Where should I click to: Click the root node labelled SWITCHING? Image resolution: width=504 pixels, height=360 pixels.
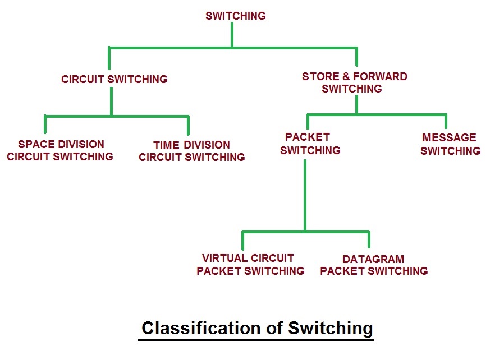pyautogui.click(x=235, y=16)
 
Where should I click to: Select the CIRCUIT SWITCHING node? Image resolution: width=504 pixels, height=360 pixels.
pyautogui.click(x=114, y=79)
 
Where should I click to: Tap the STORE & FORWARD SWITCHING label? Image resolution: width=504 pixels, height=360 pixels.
pyautogui.click(x=354, y=82)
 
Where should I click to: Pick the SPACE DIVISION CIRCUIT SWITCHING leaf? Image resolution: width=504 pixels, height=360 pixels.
pyautogui.click(x=60, y=150)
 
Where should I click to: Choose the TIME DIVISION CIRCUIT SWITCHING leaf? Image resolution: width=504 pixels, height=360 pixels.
pyautogui.click(x=191, y=151)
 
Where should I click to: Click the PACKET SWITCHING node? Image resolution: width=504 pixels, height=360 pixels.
pyautogui.click(x=310, y=144)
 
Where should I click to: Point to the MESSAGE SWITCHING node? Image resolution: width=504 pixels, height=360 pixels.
pyautogui.click(x=450, y=144)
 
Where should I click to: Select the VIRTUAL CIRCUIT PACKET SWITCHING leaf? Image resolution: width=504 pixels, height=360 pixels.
pyautogui.click(x=250, y=264)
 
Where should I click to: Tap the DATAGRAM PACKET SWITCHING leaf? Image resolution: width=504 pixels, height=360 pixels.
pyautogui.click(x=373, y=265)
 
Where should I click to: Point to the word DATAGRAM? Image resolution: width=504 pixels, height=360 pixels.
pyautogui.click(x=373, y=259)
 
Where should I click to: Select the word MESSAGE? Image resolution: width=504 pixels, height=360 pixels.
pyautogui.click(x=449, y=137)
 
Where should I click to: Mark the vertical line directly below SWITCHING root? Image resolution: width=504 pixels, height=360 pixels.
pyautogui.click(x=231, y=35)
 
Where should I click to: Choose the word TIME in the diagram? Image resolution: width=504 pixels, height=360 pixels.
pyautogui.click(x=166, y=145)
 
